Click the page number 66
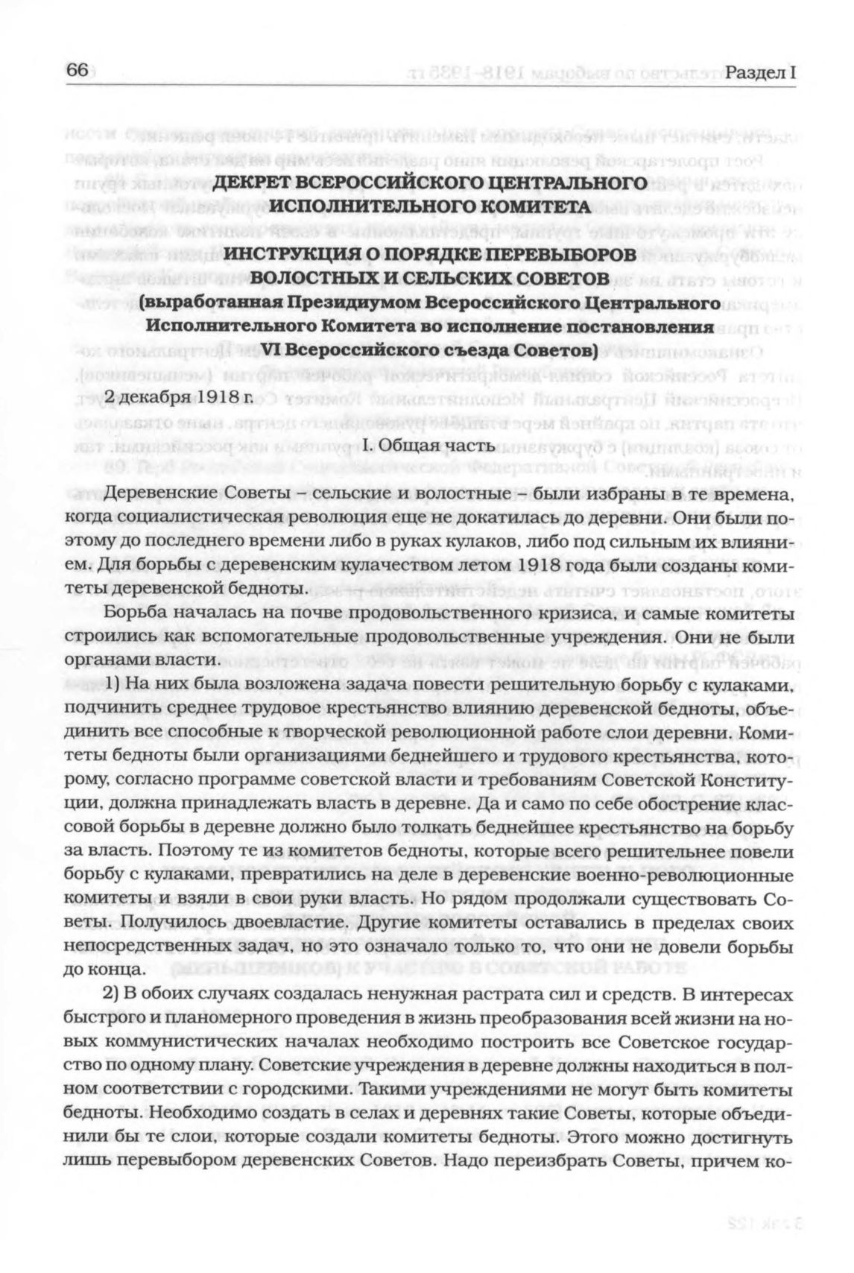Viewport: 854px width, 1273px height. point(78,70)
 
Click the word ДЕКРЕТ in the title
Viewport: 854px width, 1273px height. point(256,183)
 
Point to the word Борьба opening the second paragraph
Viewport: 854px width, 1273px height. point(133,615)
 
